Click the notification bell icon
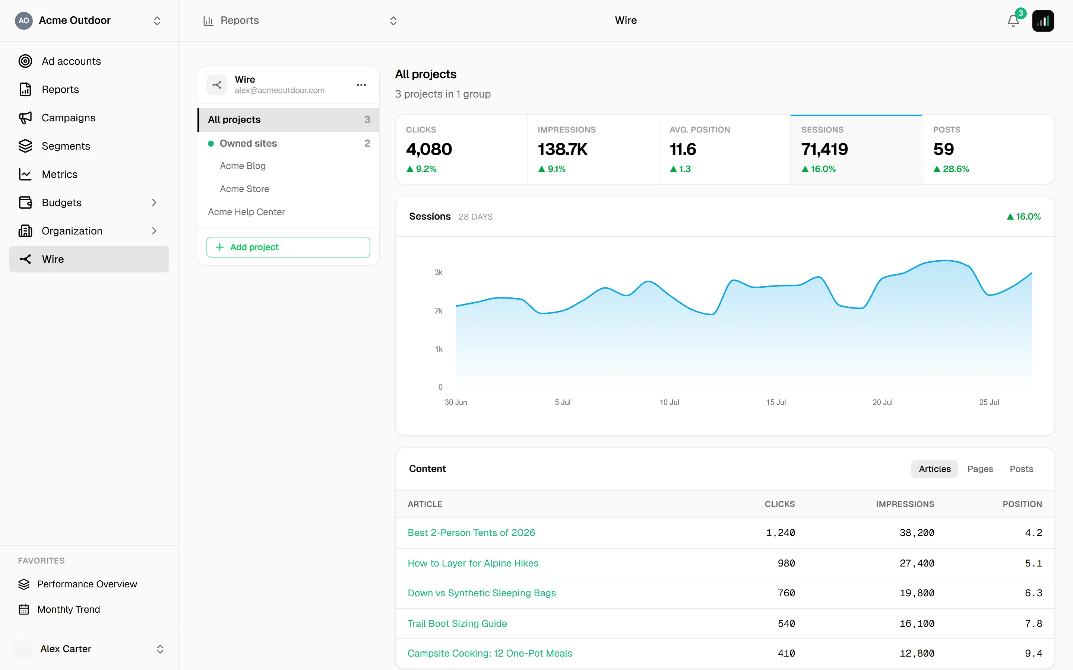1013,21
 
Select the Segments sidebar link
66,146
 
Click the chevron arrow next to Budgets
154,202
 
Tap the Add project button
288,247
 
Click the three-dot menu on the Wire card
361,84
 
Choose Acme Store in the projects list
244,189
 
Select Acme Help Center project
247,212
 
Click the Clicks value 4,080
429,149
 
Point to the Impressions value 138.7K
562,149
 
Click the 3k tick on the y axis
439,272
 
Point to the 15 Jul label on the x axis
776,402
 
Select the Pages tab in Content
980,469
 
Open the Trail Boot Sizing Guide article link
457,623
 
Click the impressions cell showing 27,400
917,563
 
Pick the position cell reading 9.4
1033,653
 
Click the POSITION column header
1022,504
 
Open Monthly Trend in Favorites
69,609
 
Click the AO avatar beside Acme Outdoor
24,20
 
